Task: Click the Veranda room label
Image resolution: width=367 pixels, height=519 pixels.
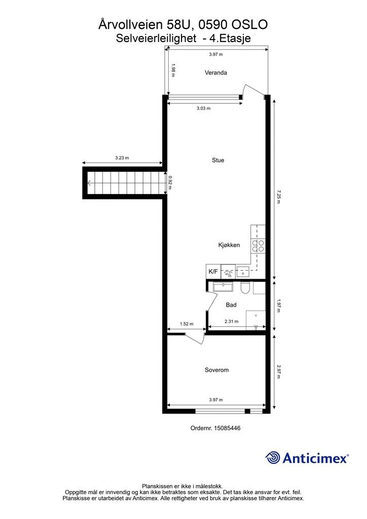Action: point(216,72)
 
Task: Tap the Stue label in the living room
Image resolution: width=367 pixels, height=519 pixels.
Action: point(218,160)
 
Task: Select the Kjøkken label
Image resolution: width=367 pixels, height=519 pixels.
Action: point(229,245)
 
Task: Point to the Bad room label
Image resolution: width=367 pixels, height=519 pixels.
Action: point(231,305)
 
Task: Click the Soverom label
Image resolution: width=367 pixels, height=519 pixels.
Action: point(217,370)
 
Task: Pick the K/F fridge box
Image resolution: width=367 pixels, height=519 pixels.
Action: point(213,272)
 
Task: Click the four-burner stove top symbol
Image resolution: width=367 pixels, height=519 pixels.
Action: point(258,246)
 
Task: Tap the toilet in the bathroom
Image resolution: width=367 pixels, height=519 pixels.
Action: point(245,288)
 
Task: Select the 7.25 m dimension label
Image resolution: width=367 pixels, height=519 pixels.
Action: point(279,197)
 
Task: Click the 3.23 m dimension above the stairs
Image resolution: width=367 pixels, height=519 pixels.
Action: point(122,158)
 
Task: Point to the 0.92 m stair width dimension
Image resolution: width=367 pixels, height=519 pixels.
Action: point(170,182)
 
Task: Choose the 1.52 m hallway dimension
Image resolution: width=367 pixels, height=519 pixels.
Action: point(187,324)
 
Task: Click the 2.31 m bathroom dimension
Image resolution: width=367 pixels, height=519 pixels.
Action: point(231,321)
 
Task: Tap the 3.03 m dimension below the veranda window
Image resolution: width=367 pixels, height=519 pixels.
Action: point(203,108)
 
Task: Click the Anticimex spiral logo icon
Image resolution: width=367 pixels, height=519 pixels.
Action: point(273,458)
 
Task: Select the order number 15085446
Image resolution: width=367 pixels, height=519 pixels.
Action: point(227,428)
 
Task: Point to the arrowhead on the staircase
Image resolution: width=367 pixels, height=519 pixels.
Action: point(89,182)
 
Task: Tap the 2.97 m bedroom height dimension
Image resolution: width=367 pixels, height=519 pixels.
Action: point(279,372)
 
